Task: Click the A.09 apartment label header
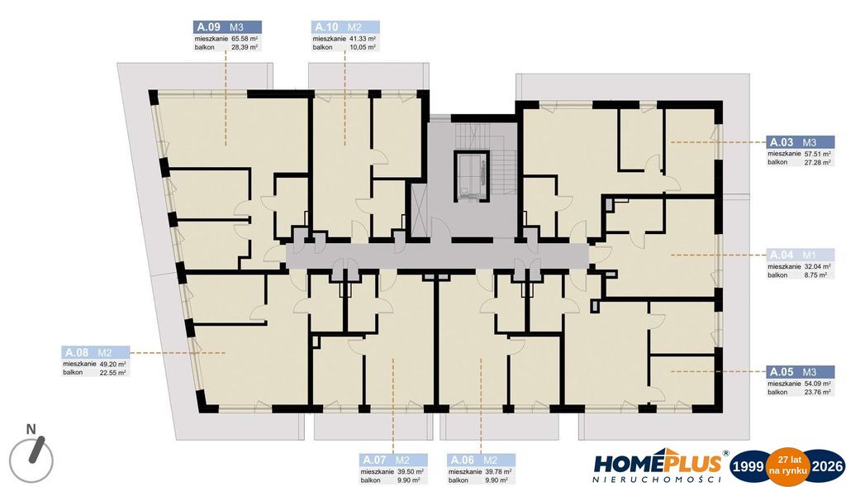227,27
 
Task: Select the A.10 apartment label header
345,27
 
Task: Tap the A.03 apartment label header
800,142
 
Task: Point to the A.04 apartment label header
800,255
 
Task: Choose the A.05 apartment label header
800,371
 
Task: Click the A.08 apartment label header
96,352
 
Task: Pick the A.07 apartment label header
393,460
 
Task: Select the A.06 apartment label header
482,460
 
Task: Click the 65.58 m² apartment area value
245,39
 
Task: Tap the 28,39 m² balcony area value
245,47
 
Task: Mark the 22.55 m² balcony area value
112,373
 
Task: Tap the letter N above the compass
31,429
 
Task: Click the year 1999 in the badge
749,466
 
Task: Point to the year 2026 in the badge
827,466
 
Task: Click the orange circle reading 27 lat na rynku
788,466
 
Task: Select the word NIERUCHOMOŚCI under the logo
657,479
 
